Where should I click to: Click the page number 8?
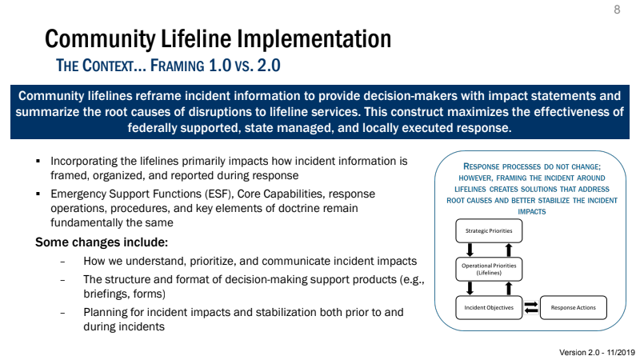(617, 10)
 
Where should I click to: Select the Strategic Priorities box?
(490, 231)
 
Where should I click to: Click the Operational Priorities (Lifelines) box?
(490, 268)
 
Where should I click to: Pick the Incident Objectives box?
(490, 307)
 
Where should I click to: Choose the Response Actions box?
(573, 307)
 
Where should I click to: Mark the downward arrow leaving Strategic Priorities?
(470, 249)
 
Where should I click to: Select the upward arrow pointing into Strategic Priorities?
(508, 249)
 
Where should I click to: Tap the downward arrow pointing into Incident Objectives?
(470, 287)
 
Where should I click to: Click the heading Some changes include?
(101, 242)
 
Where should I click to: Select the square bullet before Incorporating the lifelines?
(38, 161)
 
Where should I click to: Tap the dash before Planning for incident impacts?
(62, 312)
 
